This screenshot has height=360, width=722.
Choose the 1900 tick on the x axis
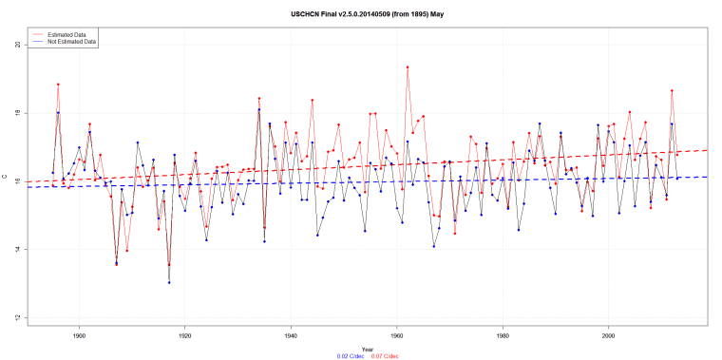[79, 334]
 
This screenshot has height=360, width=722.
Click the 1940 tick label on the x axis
[291, 334]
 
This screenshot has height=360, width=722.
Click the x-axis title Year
[367, 348]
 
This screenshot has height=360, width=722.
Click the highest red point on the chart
[408, 67]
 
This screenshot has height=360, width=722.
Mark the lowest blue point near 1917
[169, 282]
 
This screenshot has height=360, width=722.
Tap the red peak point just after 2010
[672, 90]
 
